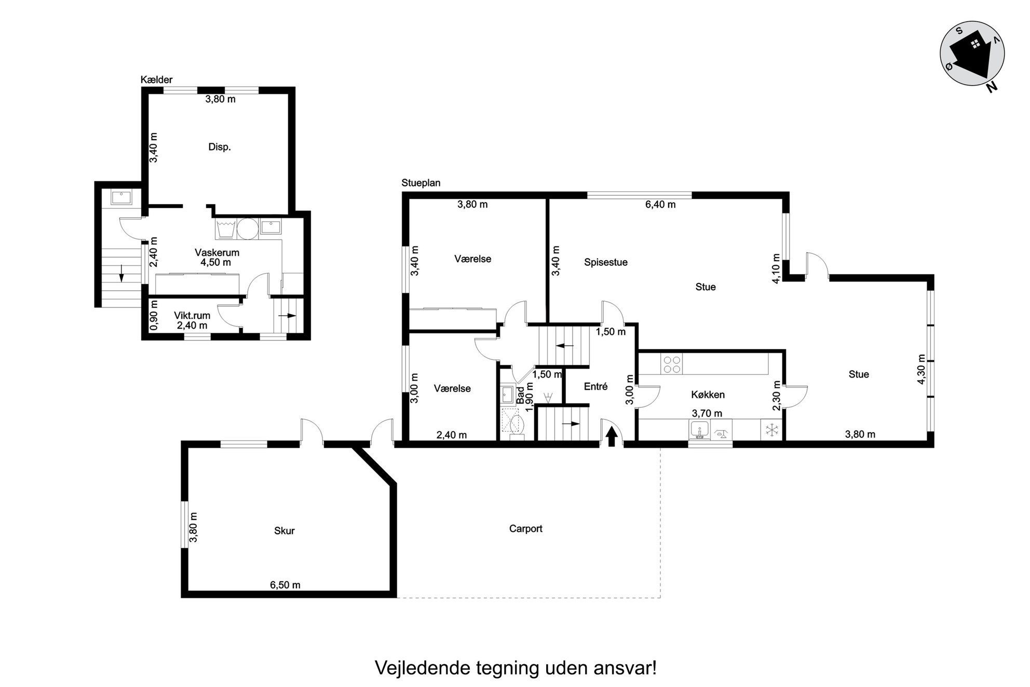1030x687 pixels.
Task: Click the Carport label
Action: [525, 529]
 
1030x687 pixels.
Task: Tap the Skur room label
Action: [284, 531]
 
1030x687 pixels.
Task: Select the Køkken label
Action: [708, 395]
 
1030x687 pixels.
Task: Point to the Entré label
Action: [595, 386]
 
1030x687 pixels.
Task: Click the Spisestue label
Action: [605, 262]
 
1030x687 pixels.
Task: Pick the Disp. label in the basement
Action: [220, 147]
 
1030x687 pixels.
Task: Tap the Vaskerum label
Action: [217, 253]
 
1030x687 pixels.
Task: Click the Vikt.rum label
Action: [192, 316]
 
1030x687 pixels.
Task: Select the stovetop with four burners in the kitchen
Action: [672, 363]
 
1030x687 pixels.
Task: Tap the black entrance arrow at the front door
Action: [612, 436]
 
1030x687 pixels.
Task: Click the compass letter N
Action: [992, 87]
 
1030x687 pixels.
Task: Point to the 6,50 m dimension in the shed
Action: [285, 585]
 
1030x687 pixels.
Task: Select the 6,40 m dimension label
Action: [660, 205]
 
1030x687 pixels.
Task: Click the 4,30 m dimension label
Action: [921, 369]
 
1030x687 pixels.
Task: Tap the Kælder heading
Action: [156, 79]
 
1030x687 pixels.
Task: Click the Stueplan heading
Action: [421, 183]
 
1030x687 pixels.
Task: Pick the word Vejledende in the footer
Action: [422, 667]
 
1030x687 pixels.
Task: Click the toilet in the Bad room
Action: [517, 425]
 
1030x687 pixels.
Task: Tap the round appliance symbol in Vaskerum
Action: [248, 228]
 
